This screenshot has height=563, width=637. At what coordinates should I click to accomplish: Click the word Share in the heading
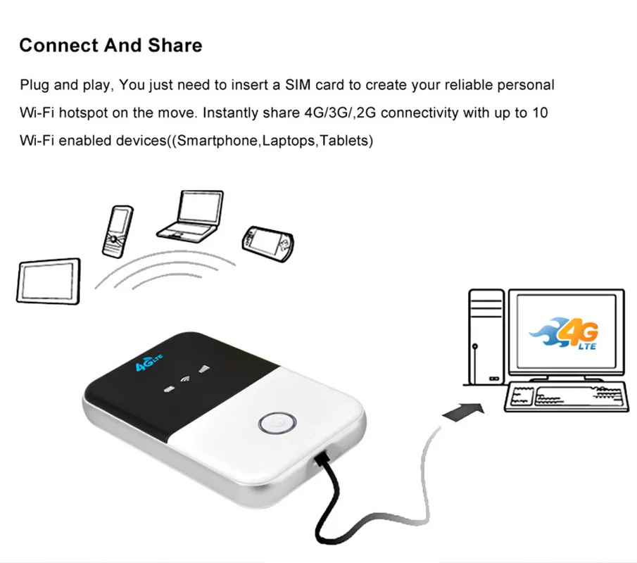[x=175, y=45]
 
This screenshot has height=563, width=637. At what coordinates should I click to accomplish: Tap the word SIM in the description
[x=298, y=85]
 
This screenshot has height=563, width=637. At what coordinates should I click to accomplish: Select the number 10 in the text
[x=540, y=113]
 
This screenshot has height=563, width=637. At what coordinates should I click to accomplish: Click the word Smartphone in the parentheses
[x=217, y=141]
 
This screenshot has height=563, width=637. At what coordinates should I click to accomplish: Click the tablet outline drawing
[x=49, y=281]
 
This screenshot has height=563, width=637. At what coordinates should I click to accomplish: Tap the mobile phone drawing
[x=118, y=232]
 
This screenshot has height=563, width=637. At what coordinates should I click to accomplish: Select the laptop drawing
[x=190, y=216]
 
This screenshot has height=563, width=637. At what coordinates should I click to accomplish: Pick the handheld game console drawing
[x=267, y=243]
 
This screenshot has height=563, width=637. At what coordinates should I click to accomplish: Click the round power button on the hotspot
[x=277, y=423]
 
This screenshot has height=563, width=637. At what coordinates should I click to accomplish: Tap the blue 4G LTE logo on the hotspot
[x=149, y=362]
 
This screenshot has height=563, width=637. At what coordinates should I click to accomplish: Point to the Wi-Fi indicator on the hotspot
[x=185, y=379]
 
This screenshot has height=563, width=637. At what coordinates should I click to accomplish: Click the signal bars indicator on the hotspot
[x=204, y=369]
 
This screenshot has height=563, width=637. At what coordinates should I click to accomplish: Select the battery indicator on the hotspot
[x=169, y=390]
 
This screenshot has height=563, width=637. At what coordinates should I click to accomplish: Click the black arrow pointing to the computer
[x=464, y=412]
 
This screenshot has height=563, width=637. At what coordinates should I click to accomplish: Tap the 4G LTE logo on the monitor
[x=565, y=333]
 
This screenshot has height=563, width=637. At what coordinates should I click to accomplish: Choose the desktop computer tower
[x=486, y=337]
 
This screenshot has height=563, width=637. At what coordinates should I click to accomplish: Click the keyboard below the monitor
[x=566, y=397]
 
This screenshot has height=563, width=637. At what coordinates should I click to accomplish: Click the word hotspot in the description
[x=83, y=113]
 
